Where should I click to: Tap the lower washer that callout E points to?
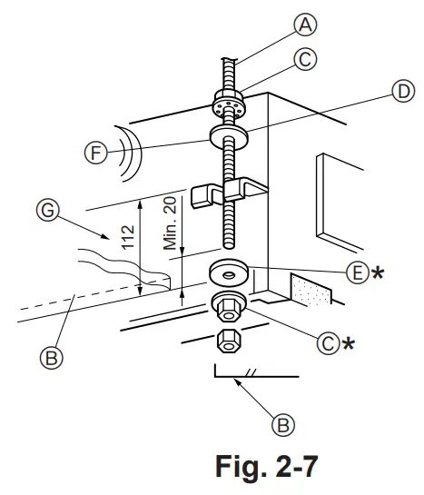coord(226,272)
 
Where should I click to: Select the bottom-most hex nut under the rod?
coord(227,343)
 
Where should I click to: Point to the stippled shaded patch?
coord(308,287)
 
